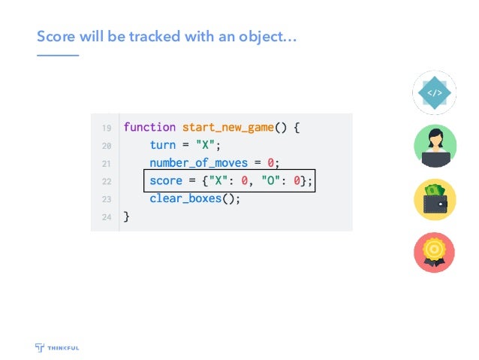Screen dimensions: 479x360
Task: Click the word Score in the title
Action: tap(55, 36)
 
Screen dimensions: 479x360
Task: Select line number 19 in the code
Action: tap(107, 128)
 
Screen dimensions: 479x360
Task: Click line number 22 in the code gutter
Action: tap(107, 182)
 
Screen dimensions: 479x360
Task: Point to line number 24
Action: tap(107, 218)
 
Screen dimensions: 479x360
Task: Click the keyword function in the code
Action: tap(149, 127)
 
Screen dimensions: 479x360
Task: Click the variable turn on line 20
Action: tap(162, 145)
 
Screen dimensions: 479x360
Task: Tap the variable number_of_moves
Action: tap(200, 163)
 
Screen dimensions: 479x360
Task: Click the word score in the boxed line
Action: tap(165, 181)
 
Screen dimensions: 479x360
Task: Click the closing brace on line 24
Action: tap(126, 217)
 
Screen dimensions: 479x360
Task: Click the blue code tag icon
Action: tap(434, 93)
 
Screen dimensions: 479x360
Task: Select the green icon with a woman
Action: tap(434, 147)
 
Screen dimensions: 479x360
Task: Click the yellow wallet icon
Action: tap(434, 200)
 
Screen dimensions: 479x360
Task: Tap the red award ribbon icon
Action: tap(434, 253)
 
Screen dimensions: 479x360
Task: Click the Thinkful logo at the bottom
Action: tap(60, 346)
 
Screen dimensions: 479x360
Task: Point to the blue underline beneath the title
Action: tap(58, 55)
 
